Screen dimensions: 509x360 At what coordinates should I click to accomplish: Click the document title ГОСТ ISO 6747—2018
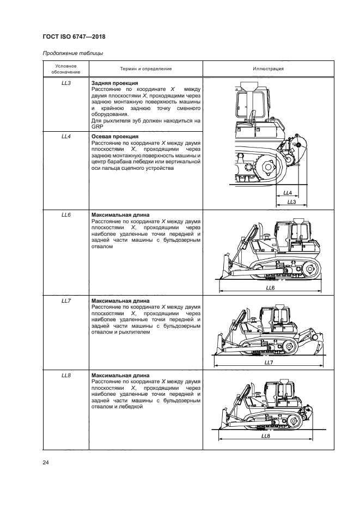74,37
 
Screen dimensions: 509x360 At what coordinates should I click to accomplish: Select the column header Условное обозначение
66,69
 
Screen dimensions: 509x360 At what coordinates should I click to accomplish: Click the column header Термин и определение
145,69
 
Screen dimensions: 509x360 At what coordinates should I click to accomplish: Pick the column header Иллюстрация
268,69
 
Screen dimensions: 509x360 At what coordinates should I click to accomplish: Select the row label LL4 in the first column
66,136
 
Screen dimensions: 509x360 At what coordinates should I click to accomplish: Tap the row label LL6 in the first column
66,215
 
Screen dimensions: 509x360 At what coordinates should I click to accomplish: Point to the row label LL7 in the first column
66,301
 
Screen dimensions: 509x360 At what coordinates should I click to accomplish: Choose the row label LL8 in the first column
66,376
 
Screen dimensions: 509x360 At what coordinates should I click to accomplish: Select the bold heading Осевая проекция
115,136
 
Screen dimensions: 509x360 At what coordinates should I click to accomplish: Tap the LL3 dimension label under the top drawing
291,202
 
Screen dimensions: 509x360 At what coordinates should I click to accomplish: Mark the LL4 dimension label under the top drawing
288,193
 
